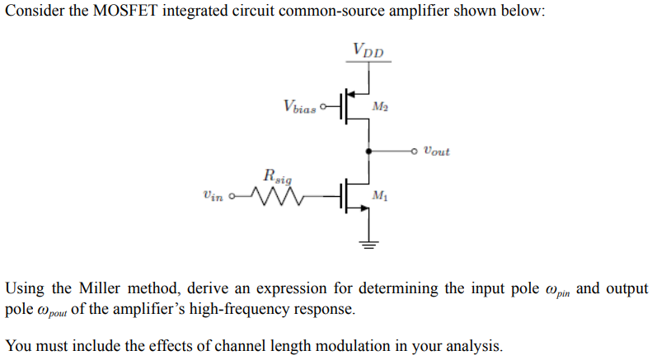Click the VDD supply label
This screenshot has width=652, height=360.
[368, 49]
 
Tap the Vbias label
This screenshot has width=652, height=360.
[298, 106]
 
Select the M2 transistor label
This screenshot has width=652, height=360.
[379, 106]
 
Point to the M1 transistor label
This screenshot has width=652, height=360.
[379, 196]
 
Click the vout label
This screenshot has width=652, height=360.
[436, 152]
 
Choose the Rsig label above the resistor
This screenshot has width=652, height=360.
[277, 175]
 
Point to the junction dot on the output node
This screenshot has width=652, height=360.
[368, 151]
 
